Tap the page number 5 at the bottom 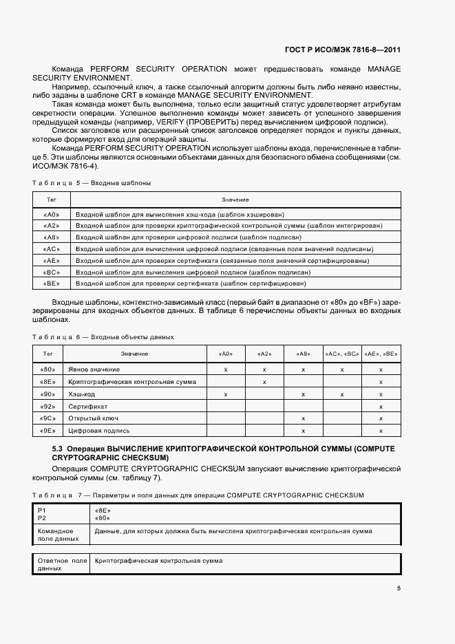point(399,588)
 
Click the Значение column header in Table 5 point(235,199)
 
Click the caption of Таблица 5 point(91,183)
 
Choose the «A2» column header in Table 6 point(264,354)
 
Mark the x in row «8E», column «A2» point(264,381)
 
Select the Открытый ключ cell point(91,418)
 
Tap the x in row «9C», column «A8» point(304,418)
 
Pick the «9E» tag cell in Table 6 point(47,431)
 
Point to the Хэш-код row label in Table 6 point(83,394)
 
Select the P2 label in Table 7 point(42,518)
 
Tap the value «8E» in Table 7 point(102,511)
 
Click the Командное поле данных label point(56,535)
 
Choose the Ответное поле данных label point(62,565)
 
